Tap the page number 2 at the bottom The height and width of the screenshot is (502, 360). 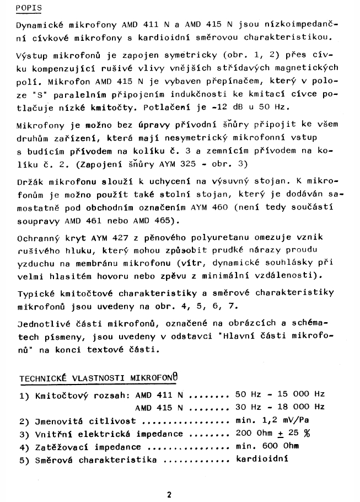pos(169,494)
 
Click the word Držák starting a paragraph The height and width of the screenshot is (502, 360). pos(31,181)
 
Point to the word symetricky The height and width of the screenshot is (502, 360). pos(180,55)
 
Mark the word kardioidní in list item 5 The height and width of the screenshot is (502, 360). pos(262,460)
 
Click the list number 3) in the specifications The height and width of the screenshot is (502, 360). pos(24,434)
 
